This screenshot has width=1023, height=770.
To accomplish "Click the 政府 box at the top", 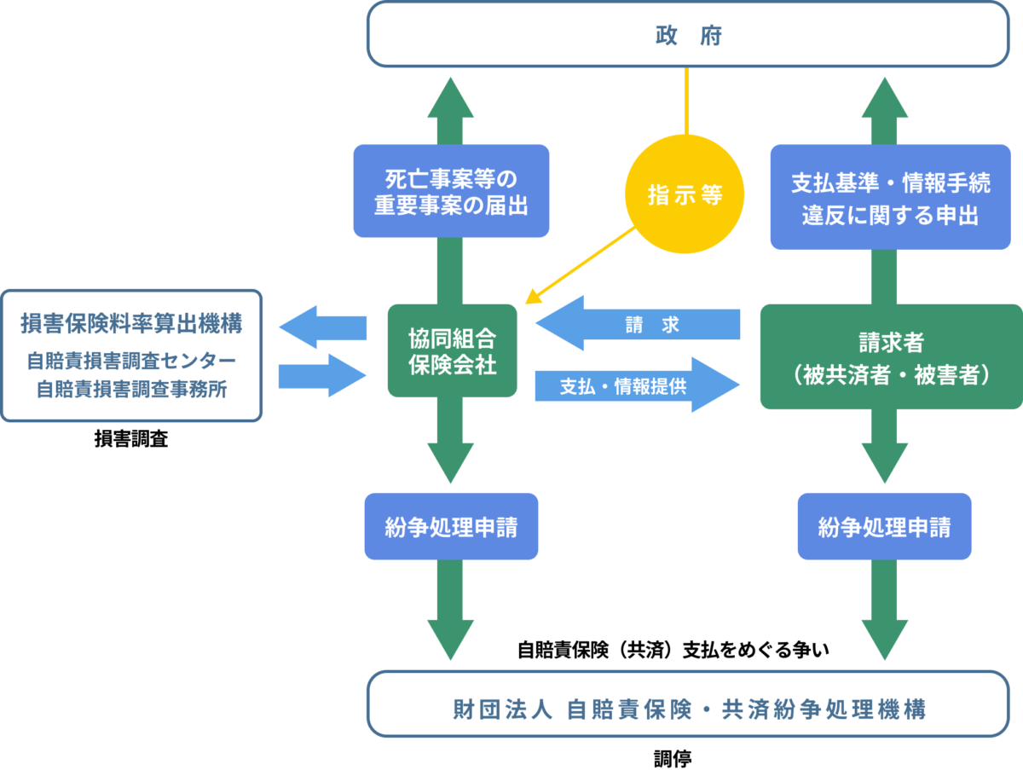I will (688, 34).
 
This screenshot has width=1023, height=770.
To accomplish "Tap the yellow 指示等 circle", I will (685, 194).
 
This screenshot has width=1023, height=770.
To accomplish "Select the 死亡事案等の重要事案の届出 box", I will (451, 191).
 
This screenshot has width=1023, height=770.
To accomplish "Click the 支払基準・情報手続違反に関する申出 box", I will (890, 196).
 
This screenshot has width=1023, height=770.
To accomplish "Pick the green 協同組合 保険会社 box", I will (452, 350).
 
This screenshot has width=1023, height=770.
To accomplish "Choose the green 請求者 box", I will (891, 356).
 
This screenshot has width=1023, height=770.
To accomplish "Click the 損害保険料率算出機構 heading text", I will (131, 324).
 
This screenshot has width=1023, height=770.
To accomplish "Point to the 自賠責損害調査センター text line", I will (131, 361).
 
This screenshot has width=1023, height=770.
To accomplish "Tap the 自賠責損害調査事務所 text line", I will (131, 389).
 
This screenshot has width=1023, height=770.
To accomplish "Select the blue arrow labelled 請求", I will (638, 324).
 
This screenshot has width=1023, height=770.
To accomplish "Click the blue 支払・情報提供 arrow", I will (638, 385).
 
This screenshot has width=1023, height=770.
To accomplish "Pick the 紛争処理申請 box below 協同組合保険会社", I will (451, 526).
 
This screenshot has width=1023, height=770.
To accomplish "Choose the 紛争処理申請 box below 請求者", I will (884, 526).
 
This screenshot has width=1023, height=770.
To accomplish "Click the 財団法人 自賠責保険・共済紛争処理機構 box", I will (688, 708).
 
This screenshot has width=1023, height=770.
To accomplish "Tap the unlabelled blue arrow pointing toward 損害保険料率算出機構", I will (321, 327).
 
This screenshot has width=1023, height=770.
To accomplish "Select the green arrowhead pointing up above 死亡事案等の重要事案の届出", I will (451, 98).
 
